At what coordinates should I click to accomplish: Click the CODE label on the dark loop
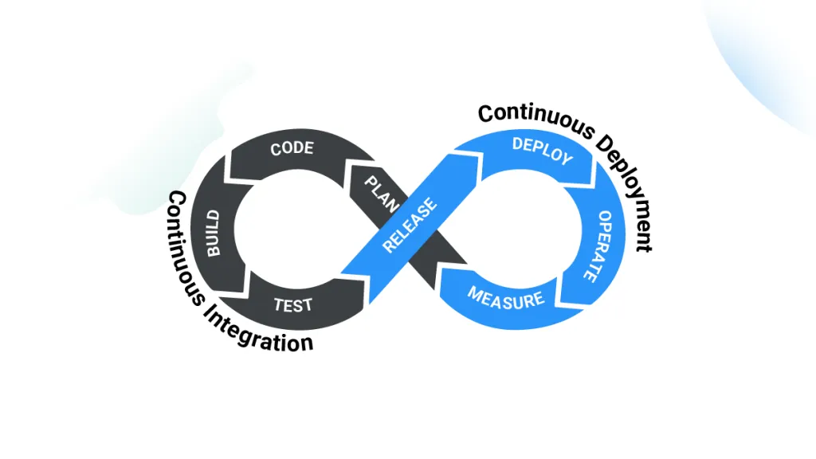[x=292, y=149]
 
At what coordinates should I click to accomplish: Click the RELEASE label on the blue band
[x=410, y=226]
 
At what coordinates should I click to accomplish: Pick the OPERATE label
[x=592, y=245]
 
